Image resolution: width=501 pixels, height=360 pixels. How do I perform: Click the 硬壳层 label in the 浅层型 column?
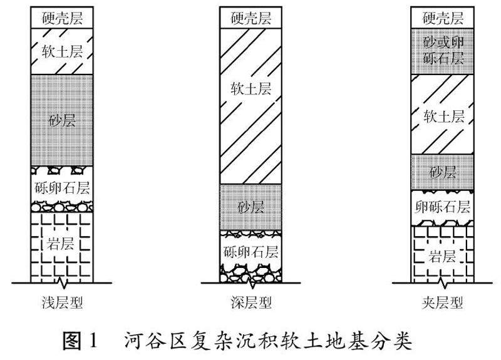click(x=61, y=17)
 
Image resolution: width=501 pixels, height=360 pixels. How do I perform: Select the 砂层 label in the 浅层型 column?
click(x=61, y=120)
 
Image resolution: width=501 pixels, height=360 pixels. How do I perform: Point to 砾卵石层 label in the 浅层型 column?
click(x=61, y=187)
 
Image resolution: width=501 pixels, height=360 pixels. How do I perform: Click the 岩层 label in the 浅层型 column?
click(x=61, y=244)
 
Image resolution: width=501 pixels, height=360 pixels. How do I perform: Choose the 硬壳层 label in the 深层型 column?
click(x=250, y=17)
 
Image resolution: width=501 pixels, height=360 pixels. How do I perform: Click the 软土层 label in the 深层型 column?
click(x=250, y=90)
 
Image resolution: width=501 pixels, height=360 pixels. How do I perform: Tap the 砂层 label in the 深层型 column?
click(x=250, y=207)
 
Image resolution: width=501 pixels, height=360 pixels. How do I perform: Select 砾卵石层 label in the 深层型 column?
click(x=250, y=252)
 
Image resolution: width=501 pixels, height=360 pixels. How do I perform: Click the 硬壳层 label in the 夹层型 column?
click(x=443, y=17)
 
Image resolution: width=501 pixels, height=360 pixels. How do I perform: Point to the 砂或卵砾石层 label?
click(x=443, y=51)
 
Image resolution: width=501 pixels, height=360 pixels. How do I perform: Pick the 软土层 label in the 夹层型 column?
click(x=443, y=116)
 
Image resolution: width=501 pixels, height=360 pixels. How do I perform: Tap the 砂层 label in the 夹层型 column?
click(x=443, y=172)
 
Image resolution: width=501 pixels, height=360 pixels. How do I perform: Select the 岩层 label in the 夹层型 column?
click(x=443, y=256)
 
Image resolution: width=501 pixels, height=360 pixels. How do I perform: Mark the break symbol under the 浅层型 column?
click(x=61, y=280)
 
